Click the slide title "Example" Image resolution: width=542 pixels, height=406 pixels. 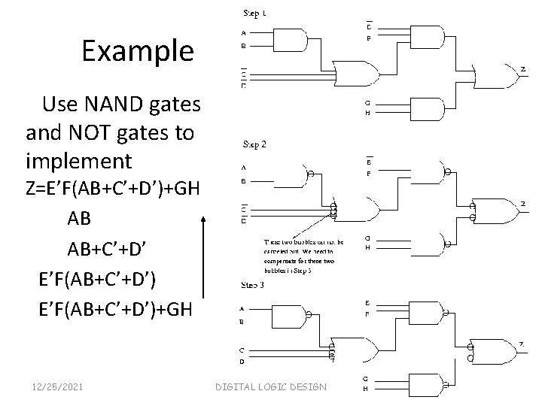point(138,51)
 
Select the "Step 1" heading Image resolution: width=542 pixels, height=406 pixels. point(254,13)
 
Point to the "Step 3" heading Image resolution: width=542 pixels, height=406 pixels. point(253,285)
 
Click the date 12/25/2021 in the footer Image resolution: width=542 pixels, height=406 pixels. point(57,386)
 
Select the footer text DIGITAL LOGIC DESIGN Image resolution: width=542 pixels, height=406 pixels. point(271,386)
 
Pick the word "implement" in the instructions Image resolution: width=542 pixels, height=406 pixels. point(78,161)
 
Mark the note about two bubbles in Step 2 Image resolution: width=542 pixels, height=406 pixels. point(303,256)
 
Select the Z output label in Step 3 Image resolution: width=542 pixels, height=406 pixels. point(521,344)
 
